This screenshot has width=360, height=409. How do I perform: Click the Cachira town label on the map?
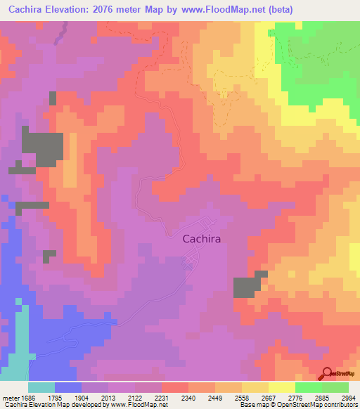point(202,239)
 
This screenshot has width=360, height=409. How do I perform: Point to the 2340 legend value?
point(187,398)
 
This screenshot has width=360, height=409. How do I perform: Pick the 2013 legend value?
point(107,398)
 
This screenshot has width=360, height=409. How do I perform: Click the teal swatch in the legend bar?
point(41,387)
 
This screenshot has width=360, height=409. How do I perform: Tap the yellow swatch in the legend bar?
point(282,387)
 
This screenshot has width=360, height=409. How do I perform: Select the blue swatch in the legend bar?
point(68,387)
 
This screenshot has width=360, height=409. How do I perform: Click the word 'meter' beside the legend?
point(10,398)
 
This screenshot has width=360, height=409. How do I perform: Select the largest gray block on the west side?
point(42,146)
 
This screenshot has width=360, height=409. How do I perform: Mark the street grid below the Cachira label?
point(190,263)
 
